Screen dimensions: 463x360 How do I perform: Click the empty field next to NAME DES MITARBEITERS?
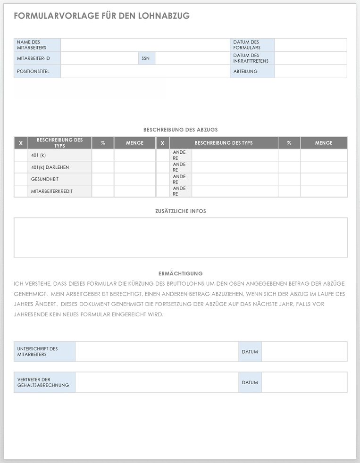pos(145,45)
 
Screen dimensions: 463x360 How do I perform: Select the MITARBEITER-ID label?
pos(33,58)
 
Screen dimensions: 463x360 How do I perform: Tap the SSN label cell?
pos(146,58)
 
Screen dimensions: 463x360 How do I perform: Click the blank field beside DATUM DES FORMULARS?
pos(310,45)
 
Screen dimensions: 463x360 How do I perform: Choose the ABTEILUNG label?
pos(245,72)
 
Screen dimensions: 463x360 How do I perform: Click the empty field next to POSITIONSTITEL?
pos(145,72)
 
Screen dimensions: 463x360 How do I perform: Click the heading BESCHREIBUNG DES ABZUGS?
pos(181,130)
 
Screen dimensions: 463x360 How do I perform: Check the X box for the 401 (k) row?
pos(21,155)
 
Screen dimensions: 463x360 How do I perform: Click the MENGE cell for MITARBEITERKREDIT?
pos(134,191)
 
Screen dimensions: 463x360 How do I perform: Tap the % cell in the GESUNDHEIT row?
pos(103,179)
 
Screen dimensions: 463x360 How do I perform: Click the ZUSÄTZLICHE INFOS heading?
pos(181,211)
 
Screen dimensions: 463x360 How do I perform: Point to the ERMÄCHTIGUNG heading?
pos(181,273)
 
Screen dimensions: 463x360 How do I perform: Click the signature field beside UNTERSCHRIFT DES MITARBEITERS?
pos(157,352)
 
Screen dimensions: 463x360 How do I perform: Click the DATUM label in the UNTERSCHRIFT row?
pos(250,352)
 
